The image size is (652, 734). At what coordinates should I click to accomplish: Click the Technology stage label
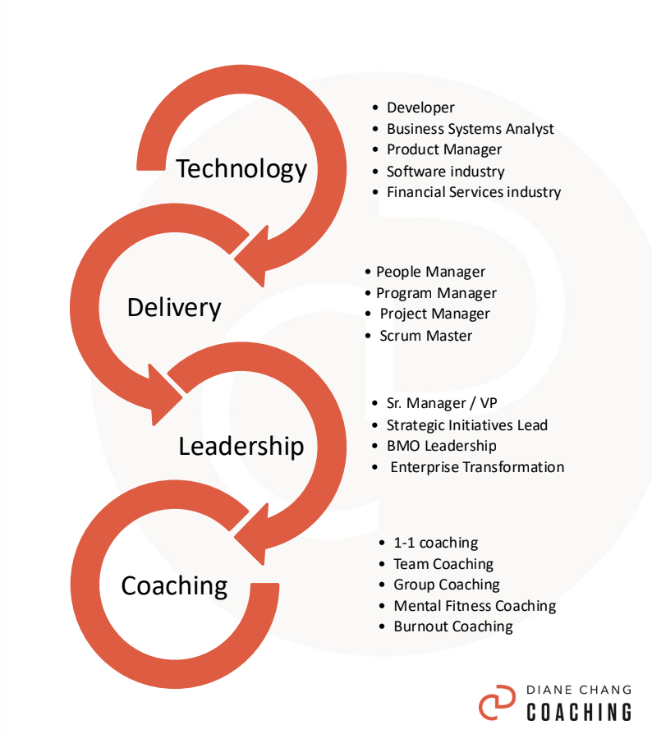241,169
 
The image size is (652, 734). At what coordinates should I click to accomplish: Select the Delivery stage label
174,308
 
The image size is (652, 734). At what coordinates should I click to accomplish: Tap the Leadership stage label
241,446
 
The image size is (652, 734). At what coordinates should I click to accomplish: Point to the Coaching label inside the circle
174,585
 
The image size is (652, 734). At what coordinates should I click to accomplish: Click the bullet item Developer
420,108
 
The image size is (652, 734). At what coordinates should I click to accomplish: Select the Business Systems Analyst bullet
470,129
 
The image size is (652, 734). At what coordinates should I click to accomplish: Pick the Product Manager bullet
443,149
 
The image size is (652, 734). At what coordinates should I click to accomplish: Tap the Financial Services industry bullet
474,192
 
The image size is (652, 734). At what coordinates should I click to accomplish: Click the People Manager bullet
430,272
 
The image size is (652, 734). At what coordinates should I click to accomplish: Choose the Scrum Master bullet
425,335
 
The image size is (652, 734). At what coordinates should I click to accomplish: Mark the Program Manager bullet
436,293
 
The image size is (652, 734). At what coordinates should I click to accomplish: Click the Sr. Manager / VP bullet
442,403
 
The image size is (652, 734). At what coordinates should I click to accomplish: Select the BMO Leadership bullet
441,446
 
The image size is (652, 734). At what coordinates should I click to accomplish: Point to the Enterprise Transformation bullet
476,467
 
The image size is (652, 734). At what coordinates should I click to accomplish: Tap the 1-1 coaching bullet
435,543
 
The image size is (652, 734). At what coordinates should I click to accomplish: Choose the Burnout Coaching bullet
452,626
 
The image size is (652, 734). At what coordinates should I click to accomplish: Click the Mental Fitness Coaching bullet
474,606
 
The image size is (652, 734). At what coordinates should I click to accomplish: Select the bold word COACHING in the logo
579,712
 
